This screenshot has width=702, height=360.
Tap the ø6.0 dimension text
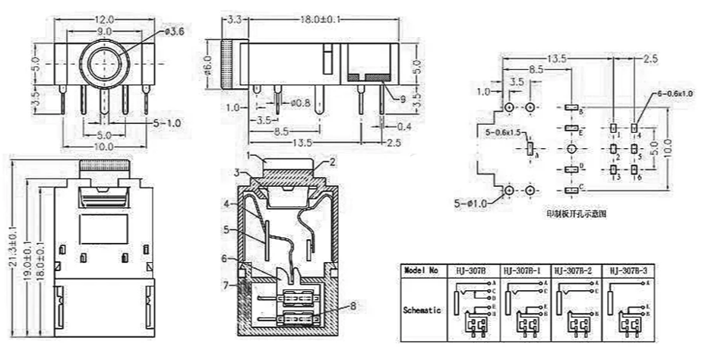click(207, 65)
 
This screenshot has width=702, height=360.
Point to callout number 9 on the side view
click(400, 99)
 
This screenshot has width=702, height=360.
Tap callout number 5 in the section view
click(226, 229)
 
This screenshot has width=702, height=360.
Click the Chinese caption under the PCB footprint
click(577, 214)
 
